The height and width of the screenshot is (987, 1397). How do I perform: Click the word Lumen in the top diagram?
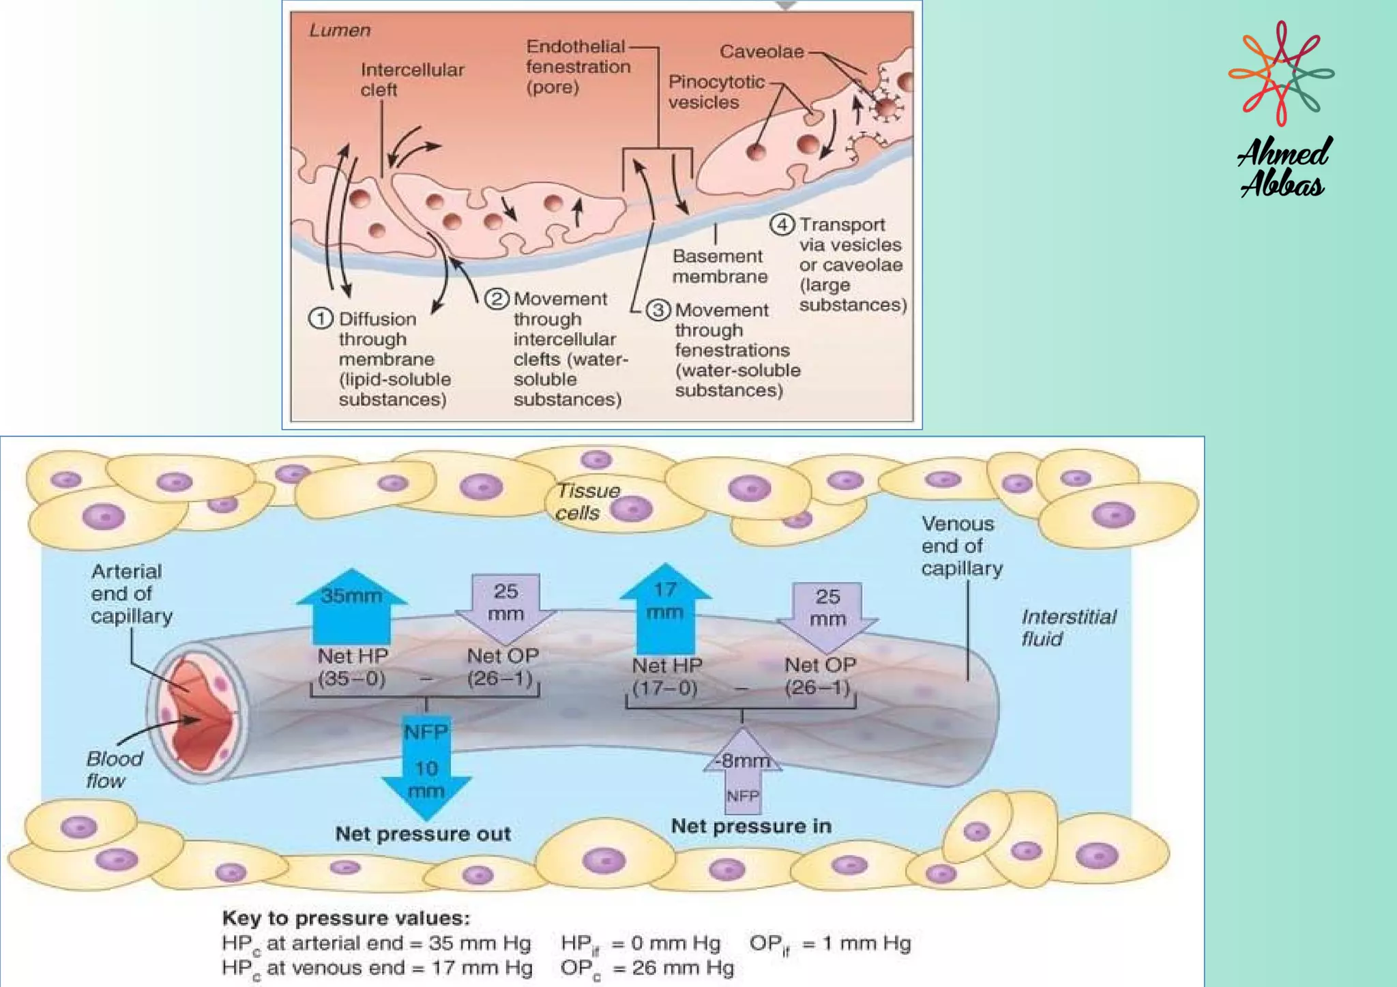(x=340, y=30)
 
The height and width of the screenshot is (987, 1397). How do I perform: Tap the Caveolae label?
(x=761, y=52)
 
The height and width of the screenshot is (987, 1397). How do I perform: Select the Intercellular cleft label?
(x=411, y=79)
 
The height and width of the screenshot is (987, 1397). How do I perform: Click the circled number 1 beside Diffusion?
(x=321, y=319)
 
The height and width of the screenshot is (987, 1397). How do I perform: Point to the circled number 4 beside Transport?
(x=782, y=224)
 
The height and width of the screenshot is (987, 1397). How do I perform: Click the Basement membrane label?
(x=719, y=266)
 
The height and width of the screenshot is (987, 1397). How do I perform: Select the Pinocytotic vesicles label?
(x=716, y=91)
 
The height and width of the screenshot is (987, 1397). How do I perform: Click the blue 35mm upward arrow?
(x=351, y=606)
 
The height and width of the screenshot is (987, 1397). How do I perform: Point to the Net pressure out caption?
(x=422, y=834)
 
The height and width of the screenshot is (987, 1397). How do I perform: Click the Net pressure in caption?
(x=750, y=826)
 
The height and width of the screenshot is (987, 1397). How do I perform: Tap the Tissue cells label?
(x=587, y=501)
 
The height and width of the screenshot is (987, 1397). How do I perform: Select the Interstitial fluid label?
(x=1068, y=628)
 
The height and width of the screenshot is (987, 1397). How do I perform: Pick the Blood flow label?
(x=114, y=769)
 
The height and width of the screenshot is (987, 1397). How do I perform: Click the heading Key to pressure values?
(x=346, y=917)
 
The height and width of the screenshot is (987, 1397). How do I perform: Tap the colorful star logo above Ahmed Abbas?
(x=1281, y=73)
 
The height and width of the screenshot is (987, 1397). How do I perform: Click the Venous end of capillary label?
(x=961, y=546)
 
